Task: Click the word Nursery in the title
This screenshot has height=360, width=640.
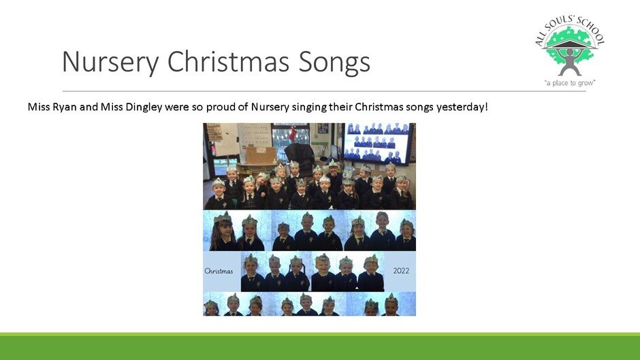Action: (110, 62)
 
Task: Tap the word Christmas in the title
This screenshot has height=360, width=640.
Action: (227, 61)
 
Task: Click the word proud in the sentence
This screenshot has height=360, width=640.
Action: (221, 107)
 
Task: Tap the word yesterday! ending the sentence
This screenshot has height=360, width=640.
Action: (462, 108)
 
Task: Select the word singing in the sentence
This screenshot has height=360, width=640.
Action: (310, 108)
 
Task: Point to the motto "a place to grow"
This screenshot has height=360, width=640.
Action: (570, 83)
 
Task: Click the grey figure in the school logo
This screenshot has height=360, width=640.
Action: (570, 61)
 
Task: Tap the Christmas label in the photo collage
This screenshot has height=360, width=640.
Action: (219, 271)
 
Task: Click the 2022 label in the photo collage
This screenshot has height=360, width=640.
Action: (401, 271)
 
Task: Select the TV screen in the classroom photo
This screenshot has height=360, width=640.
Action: (379, 143)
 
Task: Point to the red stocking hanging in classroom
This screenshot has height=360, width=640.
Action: (293, 133)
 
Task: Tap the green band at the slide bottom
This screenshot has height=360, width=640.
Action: (320, 346)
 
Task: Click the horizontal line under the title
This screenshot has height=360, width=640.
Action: (324, 91)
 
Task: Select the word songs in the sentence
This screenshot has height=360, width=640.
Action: (419, 108)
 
